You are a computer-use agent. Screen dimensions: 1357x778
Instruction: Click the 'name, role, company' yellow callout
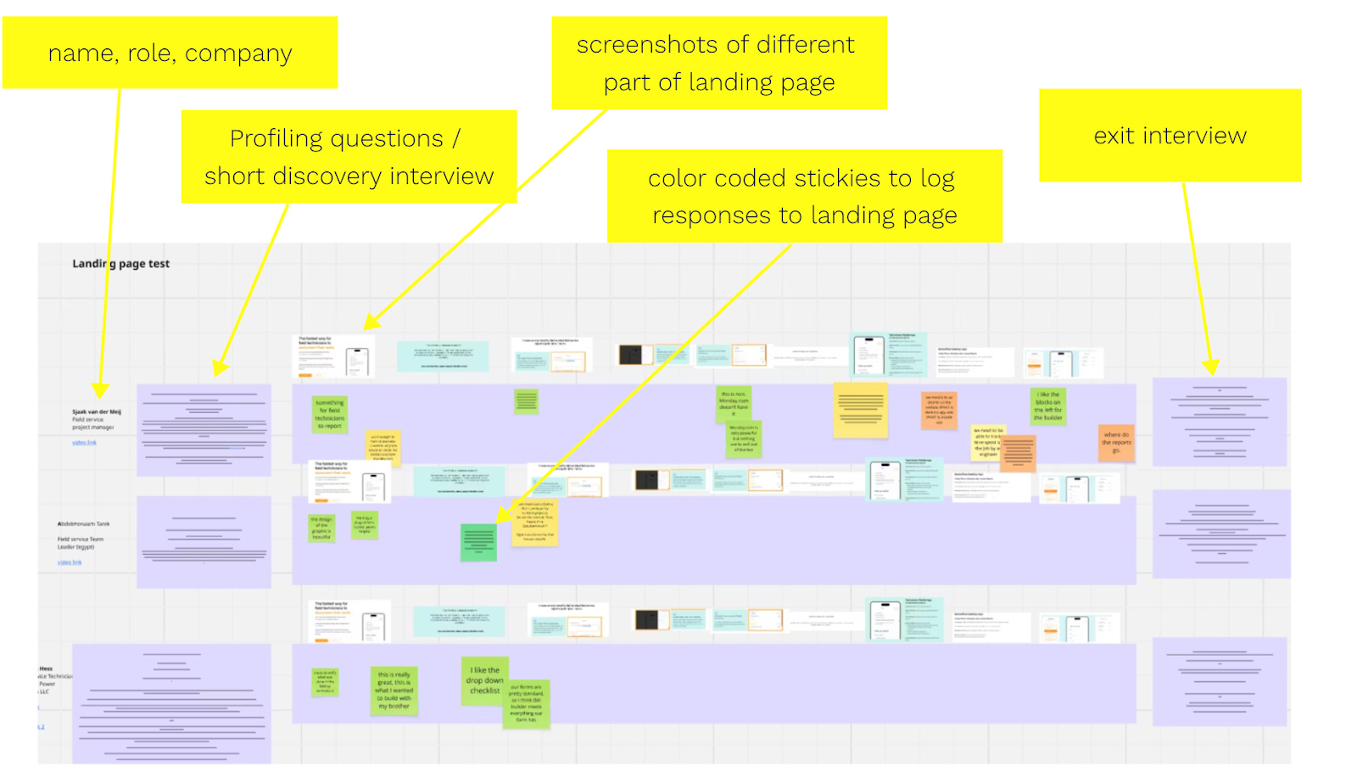click(170, 53)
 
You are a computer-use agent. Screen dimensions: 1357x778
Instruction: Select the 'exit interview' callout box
click(1170, 136)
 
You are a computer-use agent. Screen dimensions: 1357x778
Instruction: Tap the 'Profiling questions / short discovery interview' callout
click(349, 157)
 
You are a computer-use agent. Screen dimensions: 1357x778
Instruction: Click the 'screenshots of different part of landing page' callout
click(718, 63)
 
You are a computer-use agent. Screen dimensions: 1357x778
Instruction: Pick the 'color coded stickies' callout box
click(804, 196)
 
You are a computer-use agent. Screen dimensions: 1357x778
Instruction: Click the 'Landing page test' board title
click(120, 264)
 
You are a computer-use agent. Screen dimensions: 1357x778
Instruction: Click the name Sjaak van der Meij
click(96, 411)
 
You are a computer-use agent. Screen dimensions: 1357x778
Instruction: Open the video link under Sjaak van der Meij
click(84, 442)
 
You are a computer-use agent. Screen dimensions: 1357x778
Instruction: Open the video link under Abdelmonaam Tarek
click(70, 563)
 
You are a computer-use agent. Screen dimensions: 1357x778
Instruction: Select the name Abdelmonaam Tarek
click(83, 524)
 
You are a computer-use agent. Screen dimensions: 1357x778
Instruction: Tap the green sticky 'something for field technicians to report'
click(329, 414)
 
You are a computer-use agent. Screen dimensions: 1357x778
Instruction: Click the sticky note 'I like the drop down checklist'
click(484, 680)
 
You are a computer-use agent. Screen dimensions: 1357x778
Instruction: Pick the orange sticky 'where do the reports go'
click(1116, 443)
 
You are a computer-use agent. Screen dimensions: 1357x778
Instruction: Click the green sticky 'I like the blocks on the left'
click(1048, 406)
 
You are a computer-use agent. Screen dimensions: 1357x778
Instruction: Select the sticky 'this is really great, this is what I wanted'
click(394, 690)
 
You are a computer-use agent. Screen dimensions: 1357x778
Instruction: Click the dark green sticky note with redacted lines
click(478, 542)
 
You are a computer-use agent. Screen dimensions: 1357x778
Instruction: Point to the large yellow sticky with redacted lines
click(861, 410)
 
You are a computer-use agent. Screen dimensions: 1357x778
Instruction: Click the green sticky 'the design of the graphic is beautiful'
click(321, 528)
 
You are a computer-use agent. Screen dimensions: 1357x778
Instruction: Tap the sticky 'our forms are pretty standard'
click(526, 703)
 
